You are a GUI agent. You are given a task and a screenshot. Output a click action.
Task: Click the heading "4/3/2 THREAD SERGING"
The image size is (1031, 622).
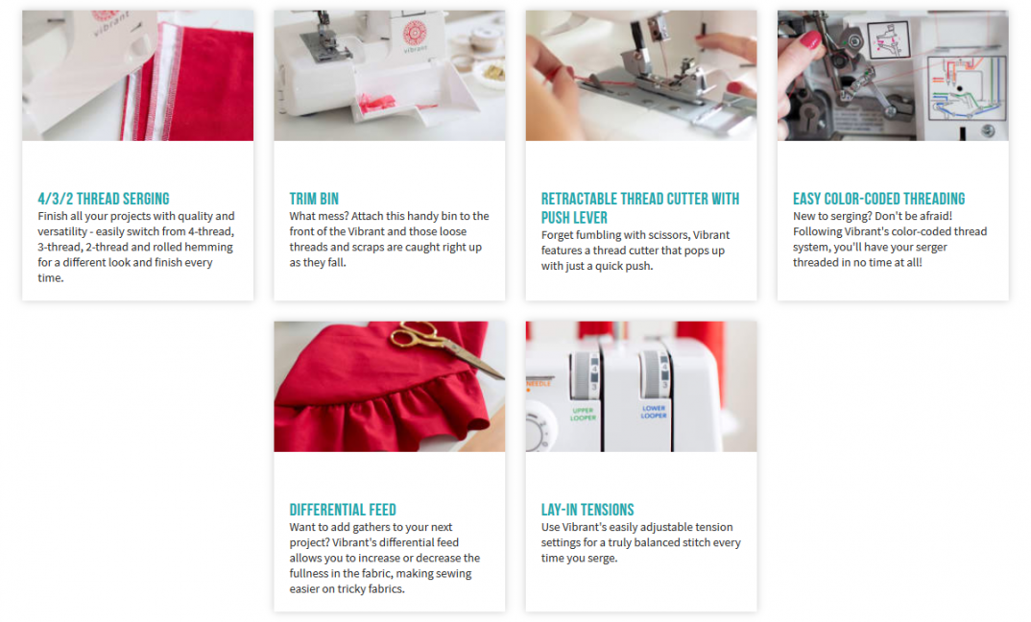coord(104,199)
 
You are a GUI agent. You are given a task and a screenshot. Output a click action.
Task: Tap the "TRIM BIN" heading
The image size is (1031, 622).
coord(314,199)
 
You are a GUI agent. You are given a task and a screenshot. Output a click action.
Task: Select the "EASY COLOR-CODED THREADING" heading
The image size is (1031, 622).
coord(878,199)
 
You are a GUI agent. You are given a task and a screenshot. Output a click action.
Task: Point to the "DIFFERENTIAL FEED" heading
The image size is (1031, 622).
coord(343,510)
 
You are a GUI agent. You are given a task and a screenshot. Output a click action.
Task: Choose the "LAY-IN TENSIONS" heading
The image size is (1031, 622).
coord(587,510)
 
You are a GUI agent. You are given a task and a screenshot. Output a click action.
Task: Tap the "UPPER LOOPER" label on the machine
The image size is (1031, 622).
coord(583,414)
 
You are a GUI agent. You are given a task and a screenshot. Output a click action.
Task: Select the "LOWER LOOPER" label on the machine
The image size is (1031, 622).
coord(654,412)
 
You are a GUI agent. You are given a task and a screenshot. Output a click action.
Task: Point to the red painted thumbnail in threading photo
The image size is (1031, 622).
coord(810,40)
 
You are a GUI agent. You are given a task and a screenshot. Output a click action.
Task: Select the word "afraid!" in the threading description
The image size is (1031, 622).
coord(934,216)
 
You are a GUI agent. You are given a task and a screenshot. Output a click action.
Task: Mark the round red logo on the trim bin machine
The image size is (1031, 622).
coord(415,33)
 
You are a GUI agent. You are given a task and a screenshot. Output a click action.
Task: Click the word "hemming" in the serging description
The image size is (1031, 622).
coord(211,248)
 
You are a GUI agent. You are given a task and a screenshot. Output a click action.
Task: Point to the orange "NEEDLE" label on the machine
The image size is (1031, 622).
coord(539,383)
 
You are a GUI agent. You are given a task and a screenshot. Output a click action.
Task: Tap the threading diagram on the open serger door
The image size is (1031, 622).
coord(967,88)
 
